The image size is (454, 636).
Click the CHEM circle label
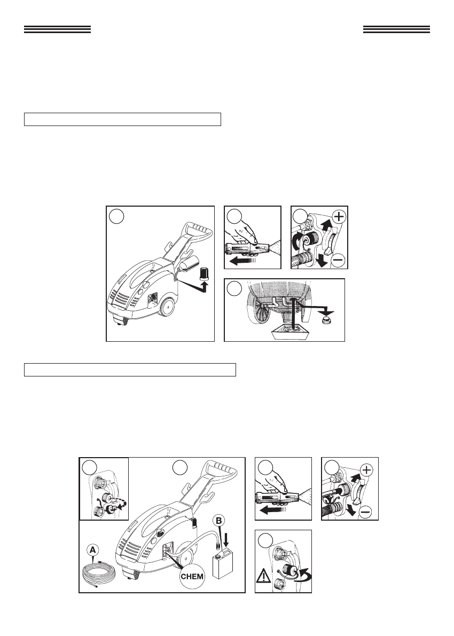pos(192,576)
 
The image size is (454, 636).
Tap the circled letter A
pos(93,550)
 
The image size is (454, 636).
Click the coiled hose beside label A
pos(99,575)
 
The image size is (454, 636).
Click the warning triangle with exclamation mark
pos(262,576)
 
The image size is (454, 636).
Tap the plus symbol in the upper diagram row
pos(339,216)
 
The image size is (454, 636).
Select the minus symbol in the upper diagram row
pos(339,261)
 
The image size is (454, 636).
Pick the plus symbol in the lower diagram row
pos(366,470)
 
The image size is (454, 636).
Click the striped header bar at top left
pos(57,29)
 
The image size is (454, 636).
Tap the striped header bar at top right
pos(396,29)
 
